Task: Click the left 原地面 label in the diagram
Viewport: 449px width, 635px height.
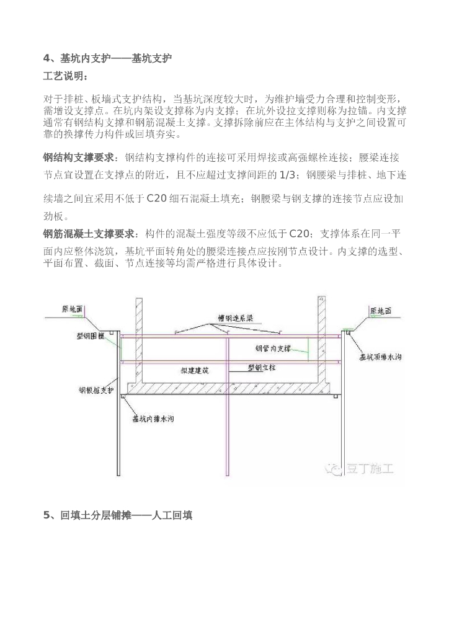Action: click(x=72, y=308)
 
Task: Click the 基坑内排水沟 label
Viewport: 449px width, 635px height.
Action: click(x=153, y=419)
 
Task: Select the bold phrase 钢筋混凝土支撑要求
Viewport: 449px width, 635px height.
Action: click(x=88, y=233)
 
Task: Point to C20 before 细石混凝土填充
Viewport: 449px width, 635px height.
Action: click(x=158, y=198)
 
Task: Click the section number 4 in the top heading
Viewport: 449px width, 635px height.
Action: click(x=46, y=59)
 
